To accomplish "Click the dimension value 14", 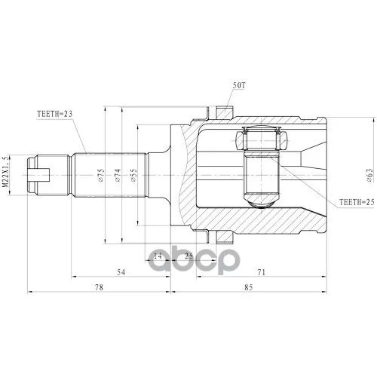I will [158, 256].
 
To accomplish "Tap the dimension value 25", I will [188, 256].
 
